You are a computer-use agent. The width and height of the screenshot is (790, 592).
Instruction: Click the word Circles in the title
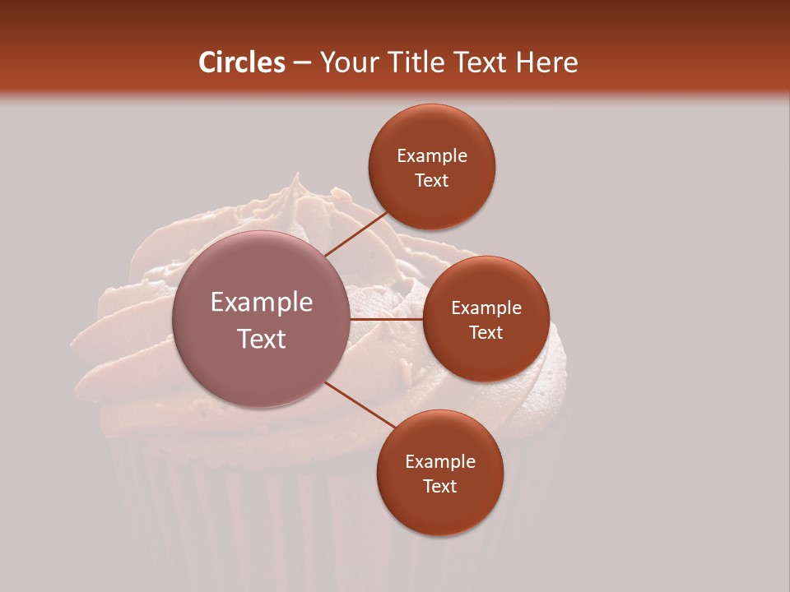(241, 62)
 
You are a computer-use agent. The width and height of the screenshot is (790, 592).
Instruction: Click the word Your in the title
(350, 63)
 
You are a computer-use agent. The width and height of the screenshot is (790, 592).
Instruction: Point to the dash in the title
(302, 63)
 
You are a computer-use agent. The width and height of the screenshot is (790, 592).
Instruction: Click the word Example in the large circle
(262, 303)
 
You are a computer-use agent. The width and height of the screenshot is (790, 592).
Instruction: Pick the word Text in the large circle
(262, 339)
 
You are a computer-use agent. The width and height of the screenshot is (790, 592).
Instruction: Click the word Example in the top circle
(432, 156)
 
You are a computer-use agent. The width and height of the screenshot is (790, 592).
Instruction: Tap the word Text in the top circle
(432, 181)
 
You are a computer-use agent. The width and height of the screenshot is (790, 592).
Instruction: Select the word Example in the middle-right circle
(486, 308)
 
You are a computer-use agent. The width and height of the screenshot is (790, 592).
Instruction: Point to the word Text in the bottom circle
(439, 487)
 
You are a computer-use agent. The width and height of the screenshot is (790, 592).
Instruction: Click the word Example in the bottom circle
(439, 462)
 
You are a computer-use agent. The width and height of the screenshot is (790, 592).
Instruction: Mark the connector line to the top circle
(356, 233)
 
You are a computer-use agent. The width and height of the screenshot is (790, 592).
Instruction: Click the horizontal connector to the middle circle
(387, 318)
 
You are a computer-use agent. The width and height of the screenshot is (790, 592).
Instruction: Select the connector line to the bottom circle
(360, 405)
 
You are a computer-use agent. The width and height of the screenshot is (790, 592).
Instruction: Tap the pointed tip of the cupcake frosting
(298, 175)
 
